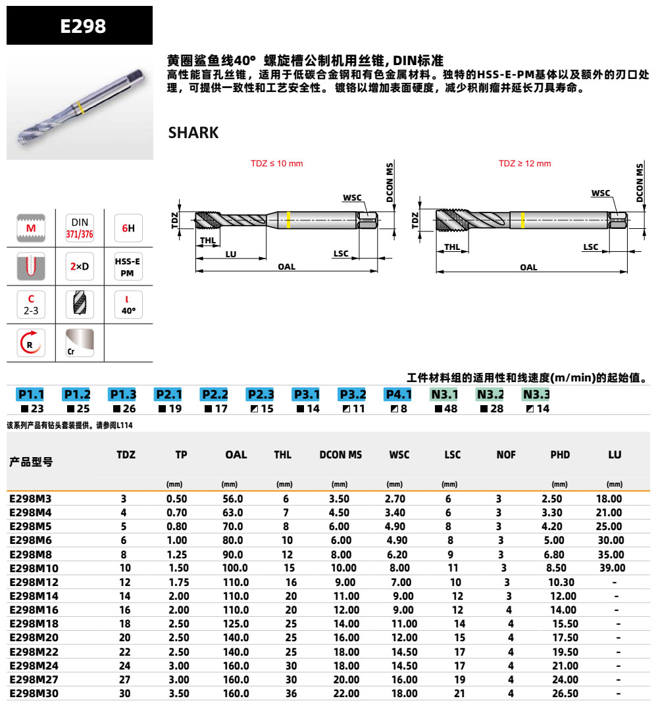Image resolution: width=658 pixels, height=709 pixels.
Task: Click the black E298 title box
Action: click(x=80, y=26)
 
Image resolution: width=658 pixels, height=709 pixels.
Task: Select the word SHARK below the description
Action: click(x=193, y=132)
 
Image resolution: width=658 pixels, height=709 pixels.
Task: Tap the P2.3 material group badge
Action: click(x=260, y=395)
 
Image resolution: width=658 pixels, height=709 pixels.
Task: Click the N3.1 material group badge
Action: click(x=444, y=395)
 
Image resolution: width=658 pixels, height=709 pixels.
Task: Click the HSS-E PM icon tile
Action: click(x=128, y=266)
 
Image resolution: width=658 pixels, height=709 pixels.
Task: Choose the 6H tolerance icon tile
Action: click(x=128, y=228)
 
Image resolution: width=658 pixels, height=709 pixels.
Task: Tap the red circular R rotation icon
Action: click(x=31, y=343)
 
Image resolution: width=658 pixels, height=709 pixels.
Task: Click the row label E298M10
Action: click(x=34, y=568)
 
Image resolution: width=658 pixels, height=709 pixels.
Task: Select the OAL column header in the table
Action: click(x=236, y=454)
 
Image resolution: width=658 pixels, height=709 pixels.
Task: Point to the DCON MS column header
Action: click(x=340, y=454)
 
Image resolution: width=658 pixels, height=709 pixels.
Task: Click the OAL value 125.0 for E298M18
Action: click(x=236, y=623)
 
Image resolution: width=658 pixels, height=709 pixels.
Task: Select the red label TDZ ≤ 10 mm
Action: click(x=276, y=164)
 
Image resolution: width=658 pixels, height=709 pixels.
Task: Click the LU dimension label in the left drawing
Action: click(x=230, y=254)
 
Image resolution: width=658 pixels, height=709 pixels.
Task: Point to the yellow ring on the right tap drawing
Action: click(x=521, y=220)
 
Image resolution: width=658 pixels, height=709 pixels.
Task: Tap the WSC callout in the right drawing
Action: click(x=600, y=193)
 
